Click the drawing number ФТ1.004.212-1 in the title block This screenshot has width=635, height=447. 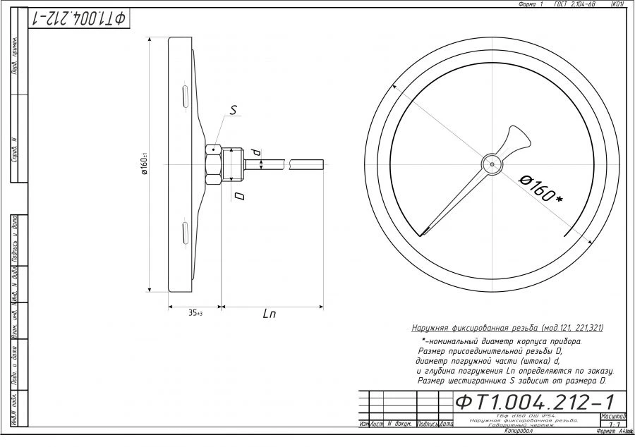[534, 402]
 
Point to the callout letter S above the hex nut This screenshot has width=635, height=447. [234, 110]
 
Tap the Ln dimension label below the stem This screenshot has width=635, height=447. [269, 314]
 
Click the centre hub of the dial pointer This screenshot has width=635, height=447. [490, 164]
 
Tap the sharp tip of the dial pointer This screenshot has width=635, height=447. [424, 234]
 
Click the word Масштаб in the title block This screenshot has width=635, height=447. [612, 416]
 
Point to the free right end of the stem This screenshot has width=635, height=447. [322, 164]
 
